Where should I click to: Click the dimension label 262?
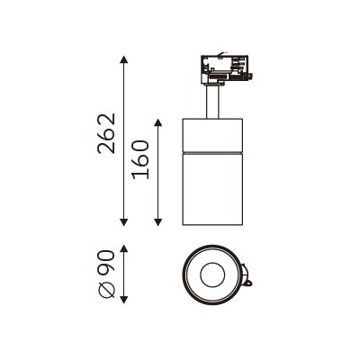pyautogui.click(x=107, y=134)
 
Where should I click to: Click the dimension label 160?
pyautogui.click(x=141, y=159)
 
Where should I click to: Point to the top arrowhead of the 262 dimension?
pyautogui.click(x=124, y=59)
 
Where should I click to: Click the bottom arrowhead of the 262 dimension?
pyautogui.click(x=124, y=222)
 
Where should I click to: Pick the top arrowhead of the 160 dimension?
pyautogui.click(x=158, y=122)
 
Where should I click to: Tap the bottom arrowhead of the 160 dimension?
pyautogui.click(x=158, y=222)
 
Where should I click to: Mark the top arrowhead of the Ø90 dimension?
pyautogui.click(x=124, y=248)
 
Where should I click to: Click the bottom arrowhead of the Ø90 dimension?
pyautogui.click(x=124, y=300)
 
